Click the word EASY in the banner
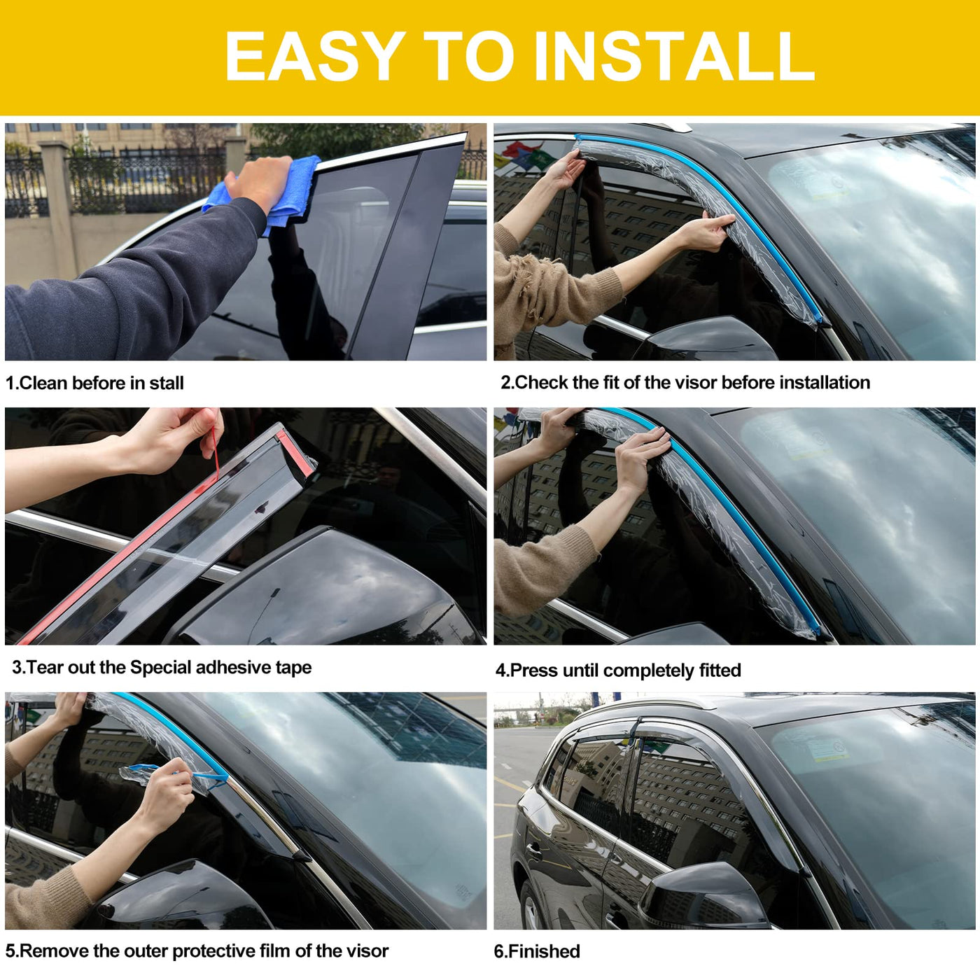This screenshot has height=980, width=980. [314, 55]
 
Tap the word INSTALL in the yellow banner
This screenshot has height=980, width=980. [675, 55]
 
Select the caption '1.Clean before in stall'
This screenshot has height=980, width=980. [94, 383]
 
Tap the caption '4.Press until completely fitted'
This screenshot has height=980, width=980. [618, 671]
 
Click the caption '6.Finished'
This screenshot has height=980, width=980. [536, 951]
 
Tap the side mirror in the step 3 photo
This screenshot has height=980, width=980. [325, 590]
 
